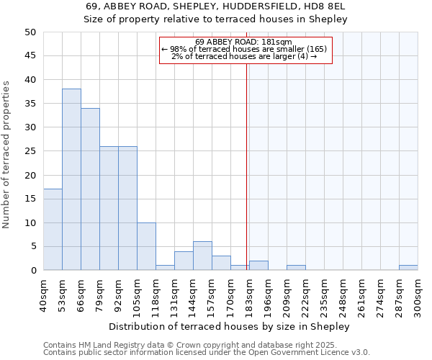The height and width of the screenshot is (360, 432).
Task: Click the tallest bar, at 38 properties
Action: pyautogui.click(x=71, y=179)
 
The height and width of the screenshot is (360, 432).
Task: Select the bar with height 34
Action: pyautogui.click(x=90, y=189)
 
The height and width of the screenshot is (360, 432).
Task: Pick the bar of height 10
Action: pyautogui.click(x=146, y=246)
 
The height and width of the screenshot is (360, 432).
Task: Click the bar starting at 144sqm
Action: pyautogui.click(x=202, y=256)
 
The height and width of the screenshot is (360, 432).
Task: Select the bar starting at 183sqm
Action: pyautogui.click(x=258, y=266)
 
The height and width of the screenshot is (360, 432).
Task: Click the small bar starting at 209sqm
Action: pyautogui.click(x=296, y=268)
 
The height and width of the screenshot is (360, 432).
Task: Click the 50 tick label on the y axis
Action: pyautogui.click(x=30, y=32)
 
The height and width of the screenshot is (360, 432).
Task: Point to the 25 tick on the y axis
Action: pyautogui.click(x=30, y=151)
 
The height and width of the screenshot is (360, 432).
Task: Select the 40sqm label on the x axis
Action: pyautogui.click(x=44, y=293)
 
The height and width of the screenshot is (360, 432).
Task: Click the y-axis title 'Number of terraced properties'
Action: pyautogui.click(x=7, y=154)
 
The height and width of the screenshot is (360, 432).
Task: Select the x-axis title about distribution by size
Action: pyautogui.click(x=230, y=326)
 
